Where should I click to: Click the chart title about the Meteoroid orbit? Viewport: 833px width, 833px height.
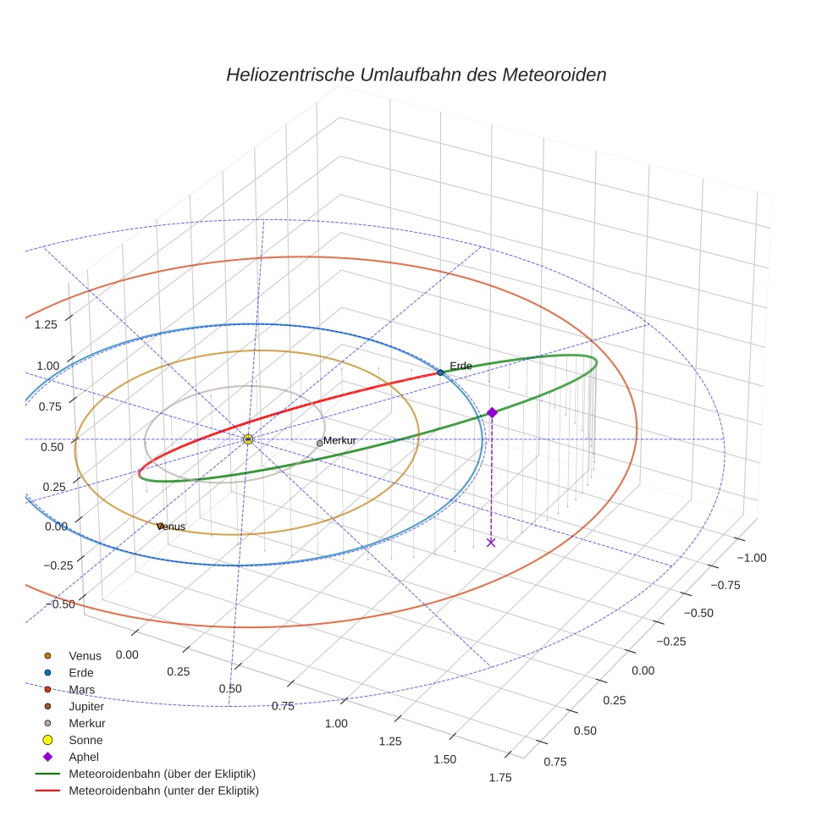click(x=416, y=74)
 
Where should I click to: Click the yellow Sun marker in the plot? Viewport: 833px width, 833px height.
click(x=248, y=439)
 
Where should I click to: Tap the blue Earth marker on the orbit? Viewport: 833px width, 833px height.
click(x=440, y=372)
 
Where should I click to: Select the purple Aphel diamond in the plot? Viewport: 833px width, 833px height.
click(x=492, y=412)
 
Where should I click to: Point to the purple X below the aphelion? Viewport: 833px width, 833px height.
click(x=491, y=542)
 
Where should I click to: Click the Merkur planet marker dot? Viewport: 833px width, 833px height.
click(x=319, y=444)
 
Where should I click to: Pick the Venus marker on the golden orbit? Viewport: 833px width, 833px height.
click(x=160, y=526)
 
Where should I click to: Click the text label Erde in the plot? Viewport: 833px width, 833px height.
click(x=461, y=366)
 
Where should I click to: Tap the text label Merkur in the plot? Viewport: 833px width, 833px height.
click(x=339, y=441)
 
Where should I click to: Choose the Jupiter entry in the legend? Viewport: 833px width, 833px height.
click(x=86, y=706)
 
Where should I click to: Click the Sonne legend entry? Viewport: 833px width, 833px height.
click(x=86, y=740)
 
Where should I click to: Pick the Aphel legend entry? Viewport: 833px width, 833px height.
click(x=84, y=757)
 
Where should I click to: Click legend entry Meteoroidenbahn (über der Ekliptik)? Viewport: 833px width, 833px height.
click(x=162, y=774)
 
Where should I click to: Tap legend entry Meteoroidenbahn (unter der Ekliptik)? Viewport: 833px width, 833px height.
click(x=163, y=791)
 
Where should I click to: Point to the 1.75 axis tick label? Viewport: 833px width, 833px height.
click(x=499, y=779)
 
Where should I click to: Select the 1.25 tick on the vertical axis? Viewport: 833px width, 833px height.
click(x=46, y=324)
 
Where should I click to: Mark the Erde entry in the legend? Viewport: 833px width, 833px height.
click(x=81, y=672)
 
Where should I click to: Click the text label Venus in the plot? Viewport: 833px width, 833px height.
click(x=172, y=527)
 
